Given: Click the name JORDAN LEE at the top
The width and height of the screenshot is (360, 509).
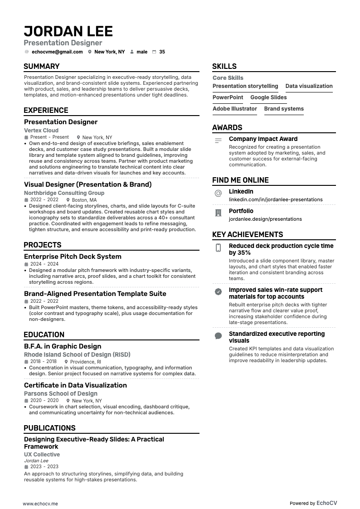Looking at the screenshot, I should (x=68, y=31).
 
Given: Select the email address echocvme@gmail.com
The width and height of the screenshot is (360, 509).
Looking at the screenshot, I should (x=57, y=52).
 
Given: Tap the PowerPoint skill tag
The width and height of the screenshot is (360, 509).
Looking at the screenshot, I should (x=228, y=97).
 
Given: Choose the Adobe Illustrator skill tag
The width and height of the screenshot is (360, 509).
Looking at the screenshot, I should (x=234, y=109).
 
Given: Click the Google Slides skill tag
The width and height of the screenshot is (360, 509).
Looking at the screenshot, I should (x=268, y=97).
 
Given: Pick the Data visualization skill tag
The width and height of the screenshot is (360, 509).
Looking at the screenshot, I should (x=309, y=86).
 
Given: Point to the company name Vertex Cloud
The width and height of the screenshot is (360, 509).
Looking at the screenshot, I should (x=41, y=131).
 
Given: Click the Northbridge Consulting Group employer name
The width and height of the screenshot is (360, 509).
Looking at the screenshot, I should (x=64, y=193).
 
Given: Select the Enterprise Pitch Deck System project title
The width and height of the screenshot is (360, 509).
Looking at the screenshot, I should (x=73, y=257).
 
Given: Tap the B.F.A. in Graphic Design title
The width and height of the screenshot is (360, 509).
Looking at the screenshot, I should (x=63, y=346).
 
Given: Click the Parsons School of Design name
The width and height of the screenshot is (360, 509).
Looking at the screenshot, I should (x=61, y=394).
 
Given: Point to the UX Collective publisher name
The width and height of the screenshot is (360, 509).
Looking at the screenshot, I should (x=42, y=455).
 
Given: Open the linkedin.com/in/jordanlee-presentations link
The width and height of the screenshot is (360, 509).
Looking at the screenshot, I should (x=276, y=199).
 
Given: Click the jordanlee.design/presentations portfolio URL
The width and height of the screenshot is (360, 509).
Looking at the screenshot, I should (x=265, y=219).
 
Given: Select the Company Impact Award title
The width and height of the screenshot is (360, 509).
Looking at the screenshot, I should (x=263, y=139).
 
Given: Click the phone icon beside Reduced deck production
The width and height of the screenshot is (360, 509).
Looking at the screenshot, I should (x=218, y=247).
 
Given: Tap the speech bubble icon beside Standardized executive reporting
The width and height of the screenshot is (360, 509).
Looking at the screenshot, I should (x=218, y=336).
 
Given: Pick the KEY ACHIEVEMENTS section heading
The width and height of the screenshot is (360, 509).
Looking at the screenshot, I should (x=248, y=235).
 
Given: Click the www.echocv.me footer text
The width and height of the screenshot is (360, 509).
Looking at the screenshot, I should (x=40, y=504).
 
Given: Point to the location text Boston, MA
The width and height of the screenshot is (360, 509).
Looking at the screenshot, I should (x=84, y=200).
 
